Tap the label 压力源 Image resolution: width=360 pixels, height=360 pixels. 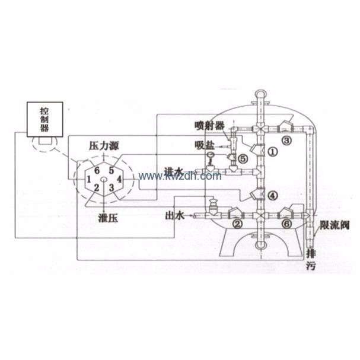(x=102, y=145)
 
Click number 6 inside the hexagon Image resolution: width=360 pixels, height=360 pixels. (x=96, y=169)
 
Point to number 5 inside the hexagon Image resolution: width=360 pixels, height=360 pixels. (x=110, y=169)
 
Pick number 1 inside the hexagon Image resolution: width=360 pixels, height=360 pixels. (x=88, y=178)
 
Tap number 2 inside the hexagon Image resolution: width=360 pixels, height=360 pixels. (x=96, y=189)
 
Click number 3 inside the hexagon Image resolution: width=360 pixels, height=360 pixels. (x=110, y=189)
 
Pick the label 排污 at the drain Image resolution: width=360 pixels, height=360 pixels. (x=313, y=260)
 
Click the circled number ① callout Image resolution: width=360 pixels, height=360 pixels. (x=273, y=151)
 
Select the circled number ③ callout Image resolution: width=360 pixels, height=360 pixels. (x=287, y=141)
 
